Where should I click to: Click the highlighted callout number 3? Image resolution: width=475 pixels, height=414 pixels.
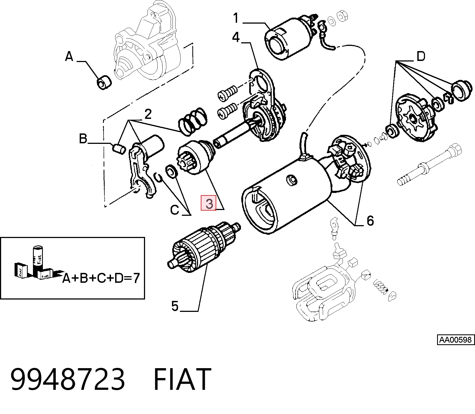(209, 203)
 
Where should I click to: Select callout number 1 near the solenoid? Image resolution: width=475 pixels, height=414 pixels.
(236, 18)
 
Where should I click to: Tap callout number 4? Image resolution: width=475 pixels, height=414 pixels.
(236, 37)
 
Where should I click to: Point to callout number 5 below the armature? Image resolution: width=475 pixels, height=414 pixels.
(175, 306)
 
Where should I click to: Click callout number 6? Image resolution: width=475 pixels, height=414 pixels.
(370, 220)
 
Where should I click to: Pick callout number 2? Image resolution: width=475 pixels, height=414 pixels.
(148, 114)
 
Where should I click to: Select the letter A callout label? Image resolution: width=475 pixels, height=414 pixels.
(69, 57)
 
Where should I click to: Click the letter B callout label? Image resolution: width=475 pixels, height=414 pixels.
(83, 139)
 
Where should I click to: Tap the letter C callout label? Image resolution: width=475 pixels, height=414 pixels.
(175, 210)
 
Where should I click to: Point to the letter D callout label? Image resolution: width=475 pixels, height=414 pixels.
(421, 56)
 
